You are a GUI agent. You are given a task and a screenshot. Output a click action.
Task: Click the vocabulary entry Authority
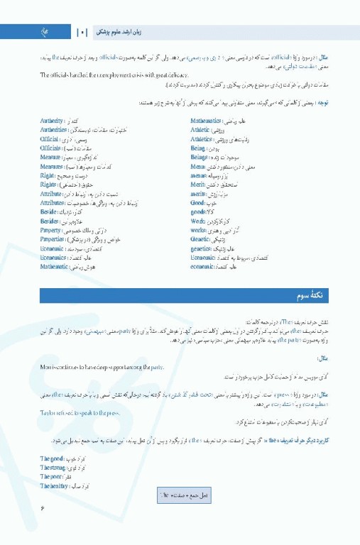pyautogui.click(x=53, y=121)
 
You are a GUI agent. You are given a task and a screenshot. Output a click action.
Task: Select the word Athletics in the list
pyautogui.click(x=202, y=140)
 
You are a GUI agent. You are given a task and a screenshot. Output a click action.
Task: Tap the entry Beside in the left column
pyautogui.click(x=50, y=212)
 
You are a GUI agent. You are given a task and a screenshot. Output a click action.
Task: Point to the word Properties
pyautogui.click(x=54, y=239)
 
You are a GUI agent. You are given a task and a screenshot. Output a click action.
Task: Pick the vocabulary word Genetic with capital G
pyautogui.click(x=200, y=239)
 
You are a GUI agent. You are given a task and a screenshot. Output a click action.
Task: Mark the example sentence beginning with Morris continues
pyautogui.click(x=102, y=366)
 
